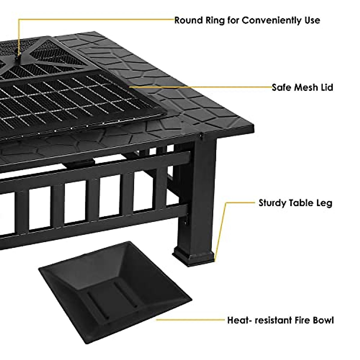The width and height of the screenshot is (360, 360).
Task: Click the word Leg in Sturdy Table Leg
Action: coord(324,203)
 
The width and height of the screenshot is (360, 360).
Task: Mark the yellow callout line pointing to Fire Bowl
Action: coord(190,320)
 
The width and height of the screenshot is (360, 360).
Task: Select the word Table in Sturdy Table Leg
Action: coord(301,203)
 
